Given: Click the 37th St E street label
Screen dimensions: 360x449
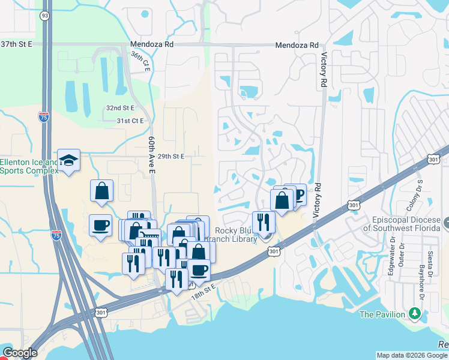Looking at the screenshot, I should [x=16, y=44].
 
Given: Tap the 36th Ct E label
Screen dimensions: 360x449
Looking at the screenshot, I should [x=140, y=61].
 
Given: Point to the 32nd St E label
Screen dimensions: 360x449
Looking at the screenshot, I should [x=121, y=107].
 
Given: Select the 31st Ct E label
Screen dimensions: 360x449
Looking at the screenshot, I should [x=130, y=121].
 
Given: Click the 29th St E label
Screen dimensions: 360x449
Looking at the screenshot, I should [x=170, y=156].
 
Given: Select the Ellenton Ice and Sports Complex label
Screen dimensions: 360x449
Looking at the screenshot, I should [x=29, y=166].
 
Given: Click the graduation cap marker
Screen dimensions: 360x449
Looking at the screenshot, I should [x=68, y=160].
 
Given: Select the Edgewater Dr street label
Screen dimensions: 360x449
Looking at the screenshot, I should [x=391, y=261].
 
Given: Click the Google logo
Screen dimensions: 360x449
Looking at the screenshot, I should [x=19, y=353].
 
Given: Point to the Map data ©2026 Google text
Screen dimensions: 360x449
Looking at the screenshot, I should [x=412, y=355].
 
